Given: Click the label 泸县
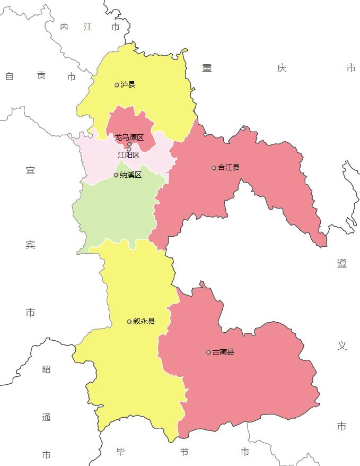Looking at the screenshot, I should (x=128, y=85).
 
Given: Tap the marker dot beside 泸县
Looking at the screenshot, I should (x=117, y=85).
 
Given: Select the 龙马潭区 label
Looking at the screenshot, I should (x=129, y=137).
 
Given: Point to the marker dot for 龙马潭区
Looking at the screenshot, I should (x=129, y=144).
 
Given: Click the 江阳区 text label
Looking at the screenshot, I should (x=128, y=156).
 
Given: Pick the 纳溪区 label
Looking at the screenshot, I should (x=130, y=175).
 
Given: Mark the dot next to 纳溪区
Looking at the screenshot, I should (x=116, y=175).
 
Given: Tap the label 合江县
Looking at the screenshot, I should (x=229, y=168).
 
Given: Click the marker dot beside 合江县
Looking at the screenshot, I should (x=214, y=168).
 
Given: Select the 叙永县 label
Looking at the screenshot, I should (x=144, y=322).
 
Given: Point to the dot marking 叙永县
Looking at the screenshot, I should (x=129, y=322).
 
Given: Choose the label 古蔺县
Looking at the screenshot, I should (x=223, y=352).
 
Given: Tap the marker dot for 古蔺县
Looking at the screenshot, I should (x=208, y=352).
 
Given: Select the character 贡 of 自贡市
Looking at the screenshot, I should (x=41, y=76).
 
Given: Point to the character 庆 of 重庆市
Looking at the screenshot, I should (x=281, y=68).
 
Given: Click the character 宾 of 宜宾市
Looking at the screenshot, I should (x=30, y=245).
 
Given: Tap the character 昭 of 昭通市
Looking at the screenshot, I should (x=46, y=369).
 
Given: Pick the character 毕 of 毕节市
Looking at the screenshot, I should (x=120, y=452).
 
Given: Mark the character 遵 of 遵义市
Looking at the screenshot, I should (x=342, y=264).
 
